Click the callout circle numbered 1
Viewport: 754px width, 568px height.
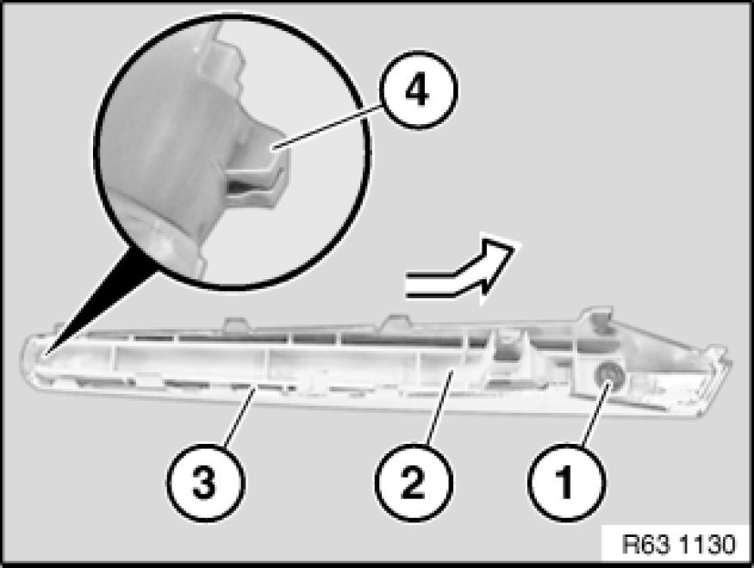566,483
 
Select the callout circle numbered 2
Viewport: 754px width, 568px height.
414,483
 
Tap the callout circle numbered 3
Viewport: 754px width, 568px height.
206,483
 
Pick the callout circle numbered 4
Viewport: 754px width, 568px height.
418,90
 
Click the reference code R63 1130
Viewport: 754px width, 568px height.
678,545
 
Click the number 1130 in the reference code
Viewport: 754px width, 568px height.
707,545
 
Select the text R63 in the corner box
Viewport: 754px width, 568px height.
645,545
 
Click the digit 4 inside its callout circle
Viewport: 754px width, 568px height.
417,91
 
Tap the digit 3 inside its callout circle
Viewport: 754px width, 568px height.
205,483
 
